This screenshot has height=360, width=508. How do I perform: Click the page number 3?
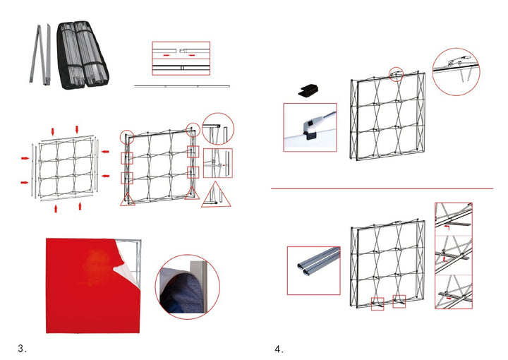coord(22,348)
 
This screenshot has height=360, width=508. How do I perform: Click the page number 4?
coord(279,348)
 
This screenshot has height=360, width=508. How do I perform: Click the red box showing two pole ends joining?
coord(181,58)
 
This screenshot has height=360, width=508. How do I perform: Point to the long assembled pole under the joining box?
coord(182,86)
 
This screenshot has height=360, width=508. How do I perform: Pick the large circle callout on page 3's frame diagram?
coord(218,129)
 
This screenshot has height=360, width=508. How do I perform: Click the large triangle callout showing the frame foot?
coord(216,196)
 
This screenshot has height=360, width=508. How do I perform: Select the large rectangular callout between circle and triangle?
coord(217,163)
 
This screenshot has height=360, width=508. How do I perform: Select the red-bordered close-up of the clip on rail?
coord(310,127)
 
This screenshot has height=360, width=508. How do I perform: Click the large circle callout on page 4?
coord(455,71)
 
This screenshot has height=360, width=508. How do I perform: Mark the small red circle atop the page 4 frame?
coord(397,72)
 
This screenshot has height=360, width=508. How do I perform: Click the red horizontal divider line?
coord(382,188)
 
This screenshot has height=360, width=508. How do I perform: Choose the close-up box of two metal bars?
coord(313,270)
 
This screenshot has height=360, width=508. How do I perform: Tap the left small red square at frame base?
coord(377,304)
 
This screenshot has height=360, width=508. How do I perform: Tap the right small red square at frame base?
coord(399,301)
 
